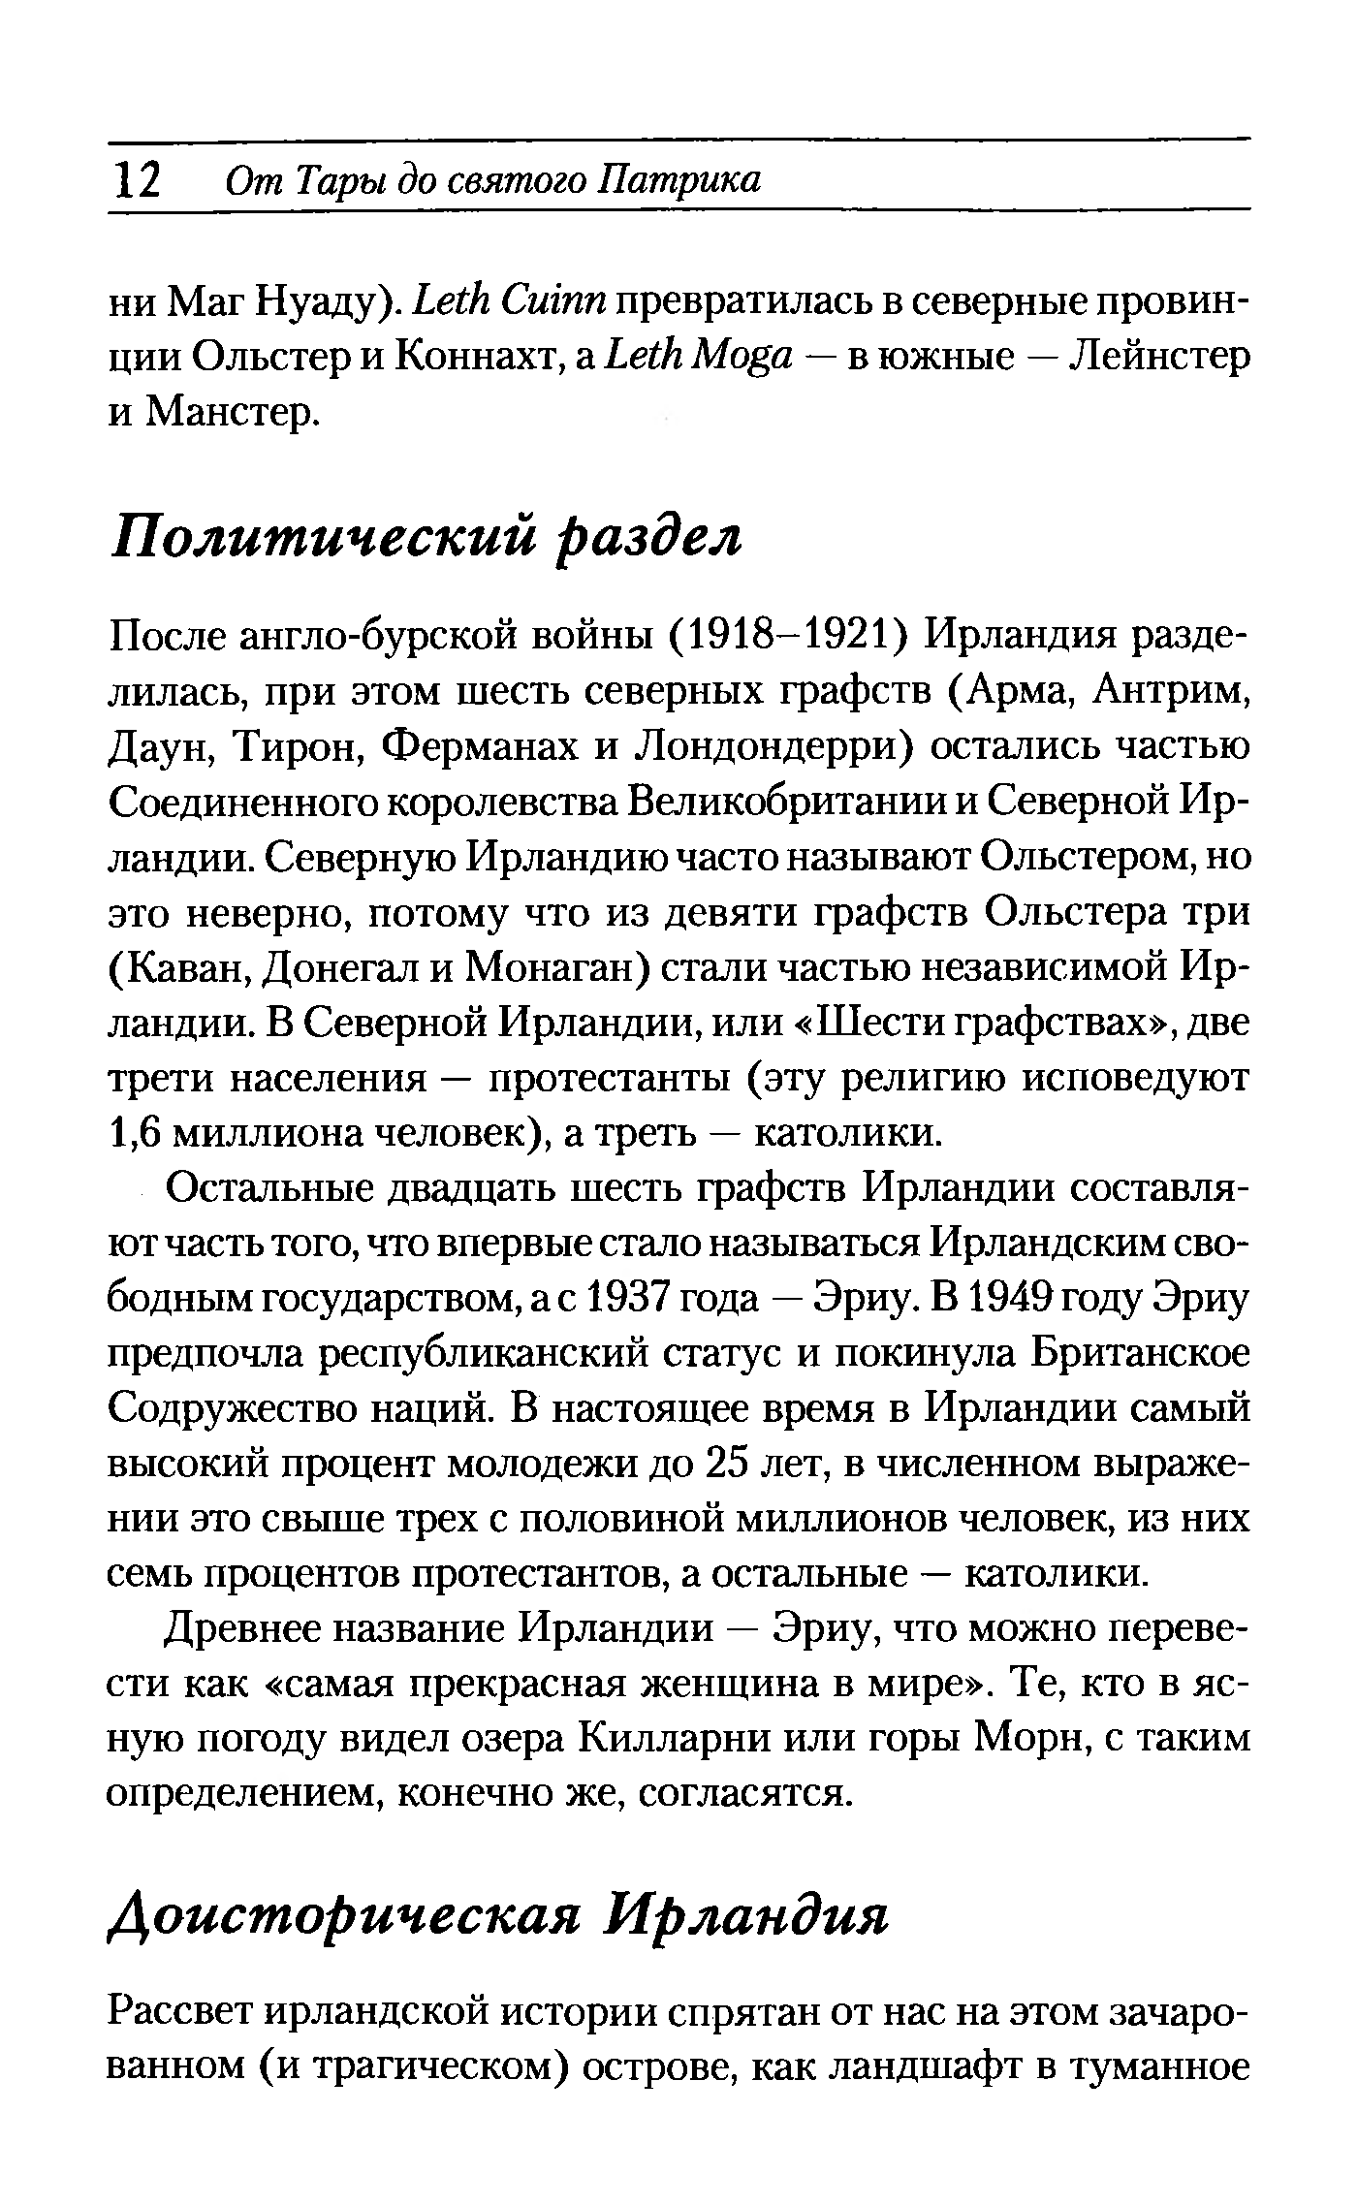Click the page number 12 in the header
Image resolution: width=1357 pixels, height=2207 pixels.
136,179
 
